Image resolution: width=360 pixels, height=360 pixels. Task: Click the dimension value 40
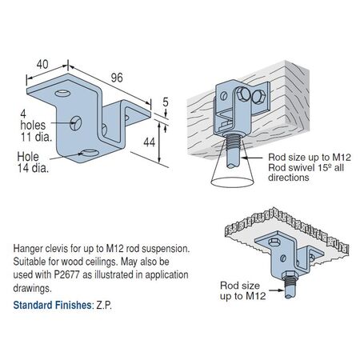pyautogui.click(x=42, y=65)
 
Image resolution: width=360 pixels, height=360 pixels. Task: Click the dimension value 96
pyautogui.click(x=117, y=78)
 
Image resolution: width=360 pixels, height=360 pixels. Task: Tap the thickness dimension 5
pyautogui.click(x=166, y=102)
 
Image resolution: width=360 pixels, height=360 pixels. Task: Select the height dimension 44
pyautogui.click(x=149, y=142)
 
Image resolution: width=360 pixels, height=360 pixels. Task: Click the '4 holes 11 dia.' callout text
pyautogui.click(x=36, y=126)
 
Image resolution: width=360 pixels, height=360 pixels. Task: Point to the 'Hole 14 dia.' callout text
pyautogui.click(x=33, y=162)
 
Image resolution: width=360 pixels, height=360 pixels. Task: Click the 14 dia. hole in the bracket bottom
pyautogui.click(x=89, y=153)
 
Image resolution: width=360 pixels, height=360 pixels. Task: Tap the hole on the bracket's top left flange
pyautogui.click(x=62, y=94)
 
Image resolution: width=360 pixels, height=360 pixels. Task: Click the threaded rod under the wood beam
pyautogui.click(x=233, y=151)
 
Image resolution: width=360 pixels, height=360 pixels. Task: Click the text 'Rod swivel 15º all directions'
pyautogui.click(x=306, y=173)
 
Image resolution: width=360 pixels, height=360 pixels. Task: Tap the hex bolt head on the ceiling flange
pyautogui.click(x=274, y=242)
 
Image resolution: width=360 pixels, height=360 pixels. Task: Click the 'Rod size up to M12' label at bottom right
pyautogui.click(x=242, y=290)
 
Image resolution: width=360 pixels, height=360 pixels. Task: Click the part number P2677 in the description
pyautogui.click(x=67, y=274)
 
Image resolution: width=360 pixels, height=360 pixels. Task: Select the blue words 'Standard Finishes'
pyautogui.click(x=52, y=305)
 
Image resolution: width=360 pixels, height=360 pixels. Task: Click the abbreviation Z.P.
pyautogui.click(x=104, y=305)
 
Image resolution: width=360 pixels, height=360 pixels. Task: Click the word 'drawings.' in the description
pyautogui.click(x=32, y=288)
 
